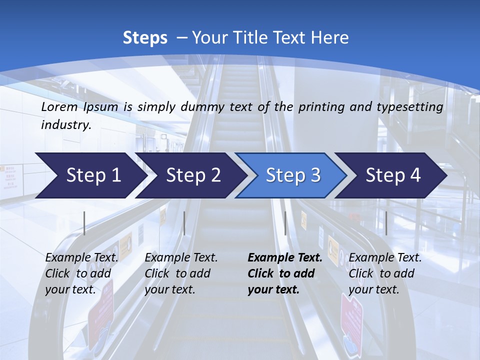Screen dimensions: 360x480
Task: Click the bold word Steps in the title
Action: click(x=145, y=38)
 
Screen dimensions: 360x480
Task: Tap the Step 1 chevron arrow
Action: click(x=90, y=175)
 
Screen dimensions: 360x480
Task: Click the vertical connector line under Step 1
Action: click(x=84, y=223)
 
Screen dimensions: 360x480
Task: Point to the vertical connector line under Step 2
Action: click(x=184, y=223)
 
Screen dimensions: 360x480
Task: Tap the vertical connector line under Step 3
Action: click(x=285, y=223)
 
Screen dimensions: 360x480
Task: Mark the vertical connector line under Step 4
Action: click(x=386, y=223)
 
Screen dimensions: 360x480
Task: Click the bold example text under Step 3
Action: click(x=284, y=273)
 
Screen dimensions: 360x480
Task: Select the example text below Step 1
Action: click(x=81, y=273)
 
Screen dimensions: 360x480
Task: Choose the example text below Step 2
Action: click(x=181, y=273)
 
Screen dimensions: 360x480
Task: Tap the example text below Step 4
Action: click(x=385, y=273)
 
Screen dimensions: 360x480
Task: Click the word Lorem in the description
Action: click(x=59, y=107)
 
